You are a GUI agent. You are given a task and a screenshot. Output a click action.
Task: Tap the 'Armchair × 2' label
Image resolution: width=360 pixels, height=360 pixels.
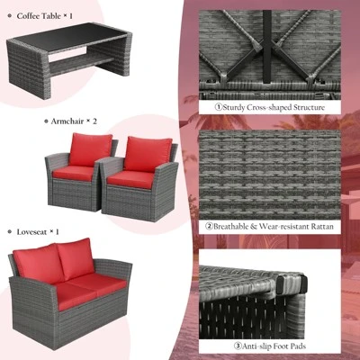[71, 120]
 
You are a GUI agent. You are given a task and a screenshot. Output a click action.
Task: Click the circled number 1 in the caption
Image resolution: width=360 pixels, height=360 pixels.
[218, 106]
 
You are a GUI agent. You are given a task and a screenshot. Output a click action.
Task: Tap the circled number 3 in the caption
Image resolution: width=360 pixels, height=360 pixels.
[238, 345]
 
